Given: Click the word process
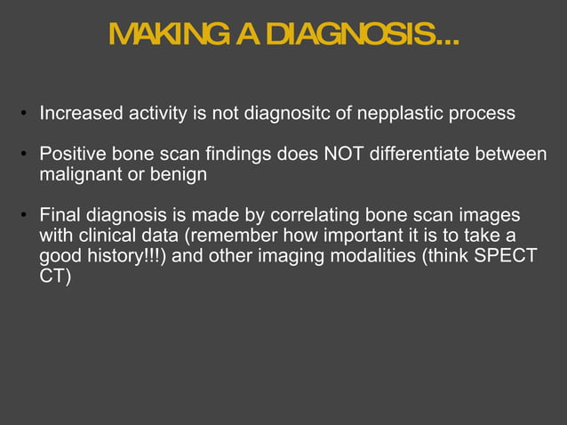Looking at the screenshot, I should point(479,114).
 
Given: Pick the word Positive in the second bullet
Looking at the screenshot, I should point(69,156).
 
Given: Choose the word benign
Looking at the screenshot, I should point(179,175).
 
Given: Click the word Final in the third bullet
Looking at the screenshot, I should point(59,217).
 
